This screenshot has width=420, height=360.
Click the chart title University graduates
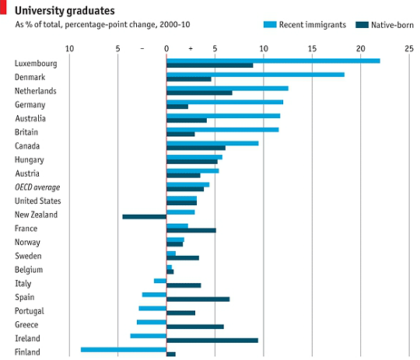(65, 10)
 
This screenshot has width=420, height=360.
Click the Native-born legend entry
(386, 25)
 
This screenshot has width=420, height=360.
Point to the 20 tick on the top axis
(360, 48)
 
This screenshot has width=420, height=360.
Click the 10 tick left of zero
(69, 48)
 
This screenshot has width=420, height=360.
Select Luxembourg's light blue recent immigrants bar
(273, 61)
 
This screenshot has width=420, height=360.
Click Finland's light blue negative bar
(124, 349)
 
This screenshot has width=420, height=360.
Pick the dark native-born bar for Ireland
(212, 340)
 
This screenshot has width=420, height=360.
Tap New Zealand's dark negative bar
(145, 216)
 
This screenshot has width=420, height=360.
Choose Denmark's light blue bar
(255, 75)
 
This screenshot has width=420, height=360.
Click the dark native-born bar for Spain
(198, 299)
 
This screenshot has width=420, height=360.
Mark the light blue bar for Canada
(212, 143)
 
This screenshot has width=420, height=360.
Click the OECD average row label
(37, 187)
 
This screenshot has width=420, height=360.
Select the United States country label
(37, 201)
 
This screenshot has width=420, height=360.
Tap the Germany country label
(30, 104)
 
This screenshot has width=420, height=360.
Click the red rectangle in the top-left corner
(2, 9)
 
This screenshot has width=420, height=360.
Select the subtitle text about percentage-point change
(102, 25)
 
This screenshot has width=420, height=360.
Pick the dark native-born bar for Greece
(195, 327)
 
